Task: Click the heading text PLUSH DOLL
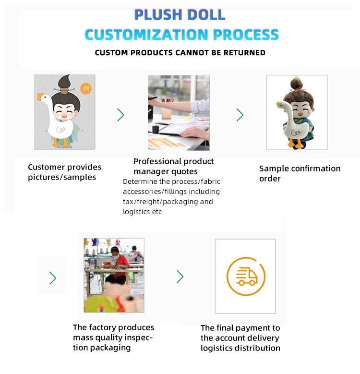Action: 180,15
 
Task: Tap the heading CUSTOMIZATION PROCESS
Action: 181,35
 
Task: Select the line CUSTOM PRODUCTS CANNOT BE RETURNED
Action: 180,52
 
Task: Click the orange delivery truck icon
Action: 246,276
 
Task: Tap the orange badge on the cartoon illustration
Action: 86,88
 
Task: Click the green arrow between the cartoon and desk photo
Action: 120,115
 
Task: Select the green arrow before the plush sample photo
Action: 240,115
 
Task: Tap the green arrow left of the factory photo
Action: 53,278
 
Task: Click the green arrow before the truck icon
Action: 180,277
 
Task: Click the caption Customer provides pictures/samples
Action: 64,172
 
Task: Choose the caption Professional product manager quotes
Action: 173,166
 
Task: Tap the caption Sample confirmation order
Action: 300,173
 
